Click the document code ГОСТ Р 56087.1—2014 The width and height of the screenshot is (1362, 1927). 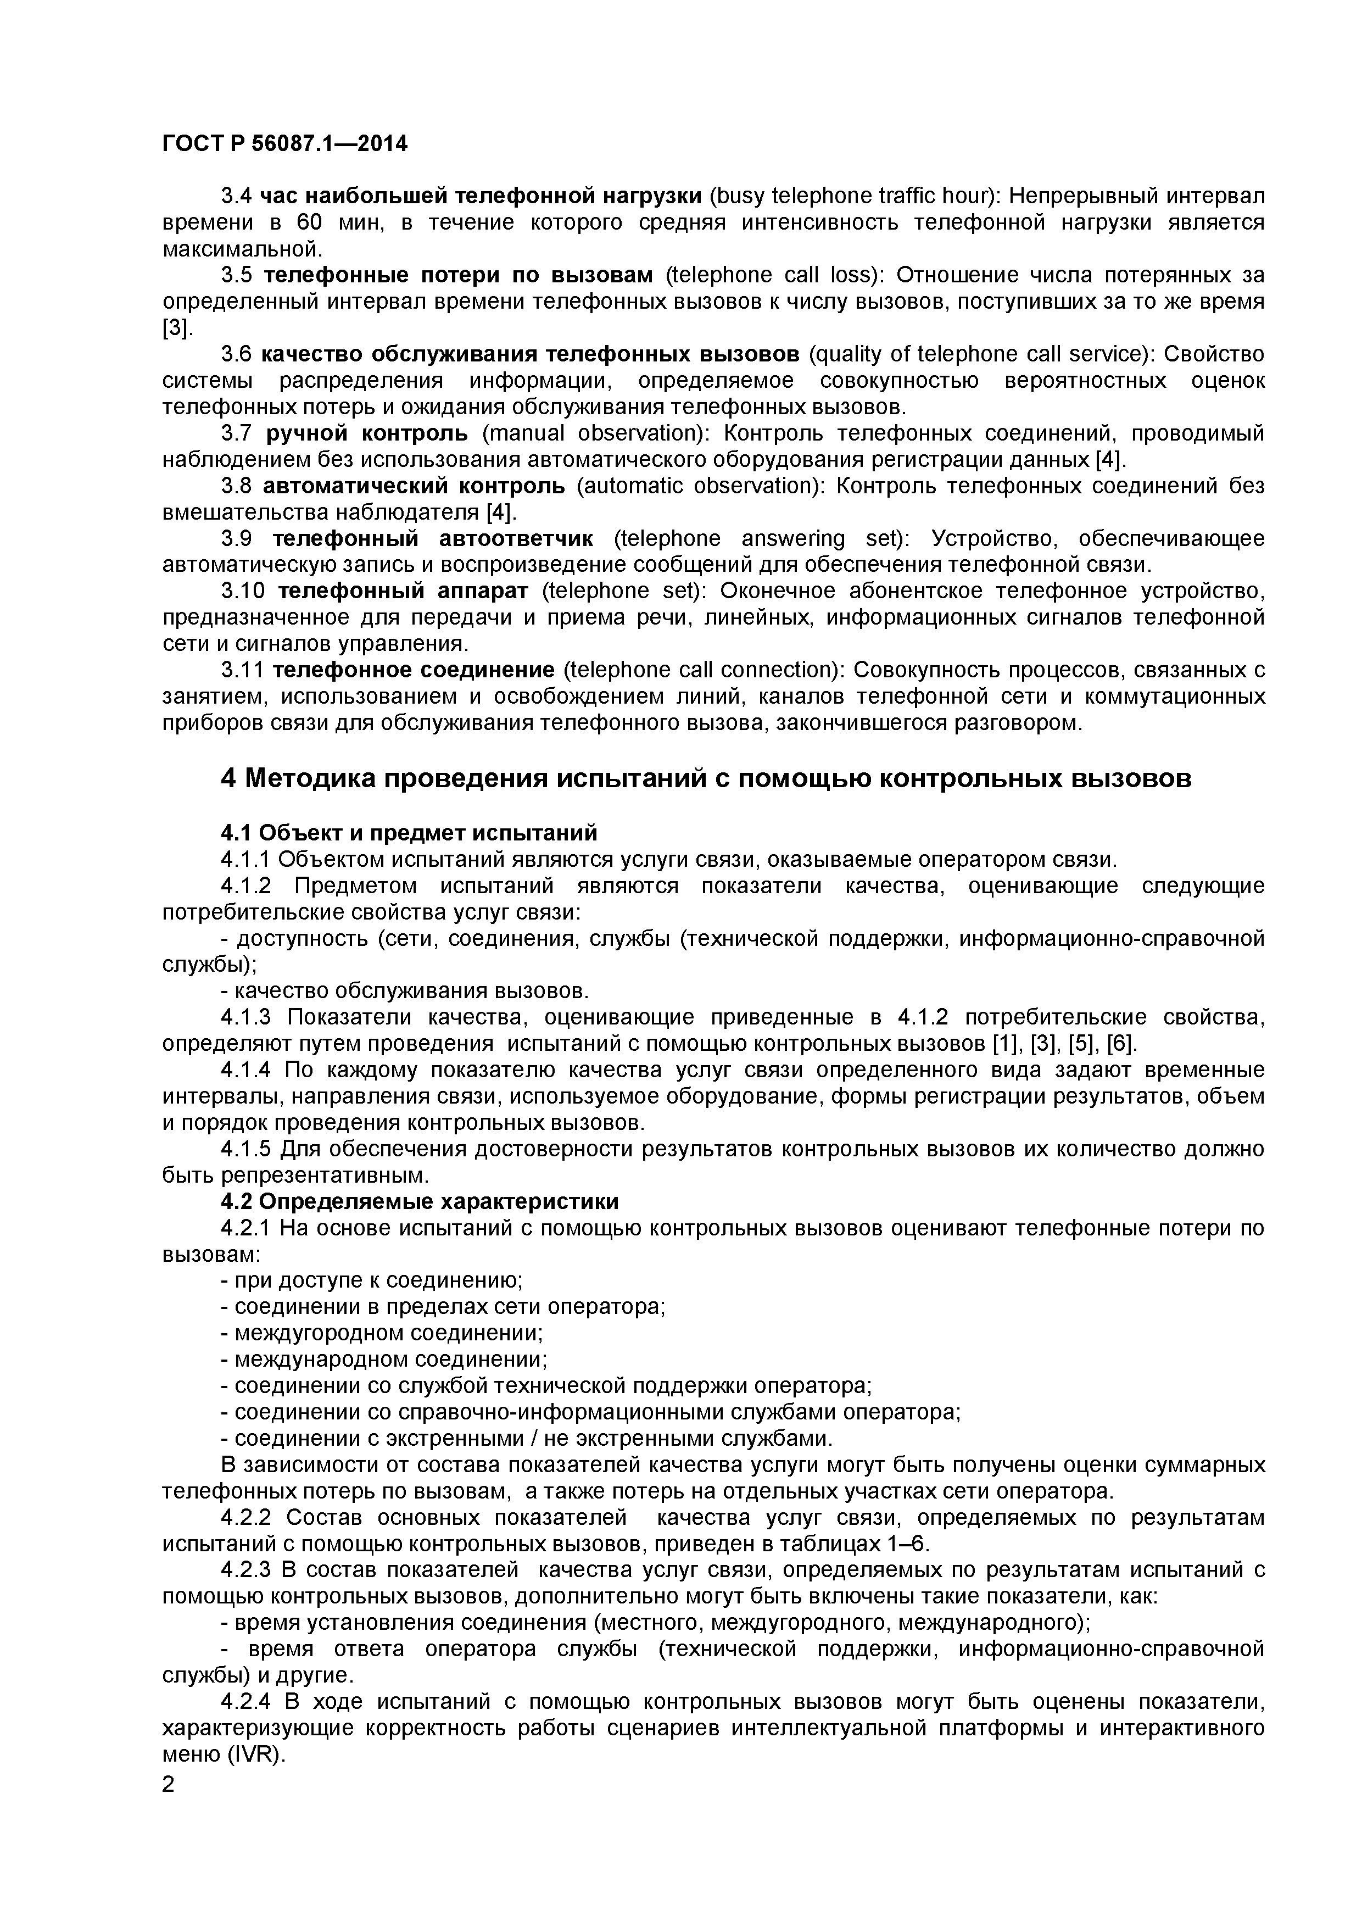[284, 144]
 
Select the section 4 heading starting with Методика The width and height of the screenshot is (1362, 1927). [705, 779]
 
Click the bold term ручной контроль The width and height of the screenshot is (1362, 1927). [367, 433]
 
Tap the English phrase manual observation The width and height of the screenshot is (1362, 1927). [596, 433]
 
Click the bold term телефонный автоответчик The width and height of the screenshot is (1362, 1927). [433, 538]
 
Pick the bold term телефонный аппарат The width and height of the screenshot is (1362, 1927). [403, 591]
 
